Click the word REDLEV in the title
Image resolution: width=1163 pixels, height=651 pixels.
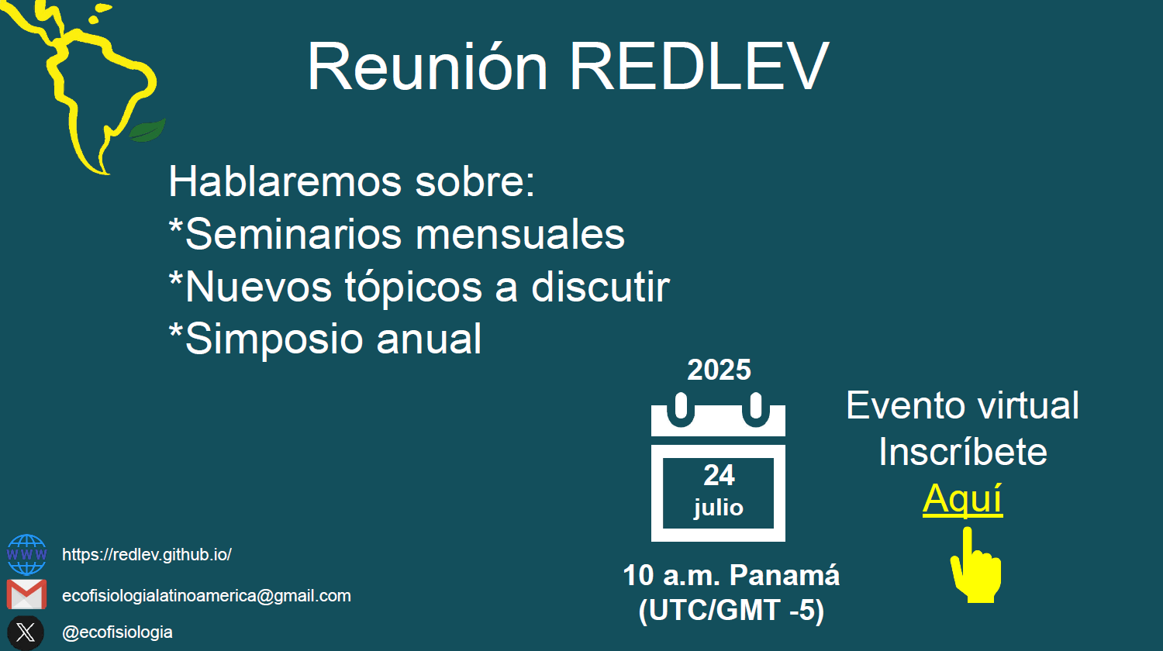(699, 67)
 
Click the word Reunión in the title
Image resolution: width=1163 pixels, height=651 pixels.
(427, 67)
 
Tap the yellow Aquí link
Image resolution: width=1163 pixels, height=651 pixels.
(963, 499)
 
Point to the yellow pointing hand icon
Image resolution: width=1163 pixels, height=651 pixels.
(975, 565)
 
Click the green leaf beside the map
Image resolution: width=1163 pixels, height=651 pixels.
(147, 130)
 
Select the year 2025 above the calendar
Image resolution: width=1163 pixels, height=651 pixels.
(719, 370)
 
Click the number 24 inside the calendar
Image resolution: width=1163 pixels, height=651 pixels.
(719, 475)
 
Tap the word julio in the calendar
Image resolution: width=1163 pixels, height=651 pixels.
(719, 508)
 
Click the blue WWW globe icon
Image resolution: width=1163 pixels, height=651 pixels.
(26, 554)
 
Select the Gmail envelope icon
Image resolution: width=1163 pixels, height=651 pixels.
(26, 594)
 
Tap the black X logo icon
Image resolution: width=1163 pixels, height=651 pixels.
(26, 633)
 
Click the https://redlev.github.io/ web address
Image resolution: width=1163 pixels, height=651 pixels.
(147, 554)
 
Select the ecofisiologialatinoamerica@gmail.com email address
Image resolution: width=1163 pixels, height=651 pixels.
(207, 595)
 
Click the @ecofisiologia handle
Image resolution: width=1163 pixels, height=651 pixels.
(117, 632)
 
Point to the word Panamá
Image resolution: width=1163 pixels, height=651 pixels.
(785, 575)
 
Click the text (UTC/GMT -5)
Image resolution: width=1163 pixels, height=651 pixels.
(732, 611)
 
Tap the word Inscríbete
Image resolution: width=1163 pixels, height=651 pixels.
(963, 452)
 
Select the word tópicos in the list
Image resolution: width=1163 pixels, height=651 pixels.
(413, 287)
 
